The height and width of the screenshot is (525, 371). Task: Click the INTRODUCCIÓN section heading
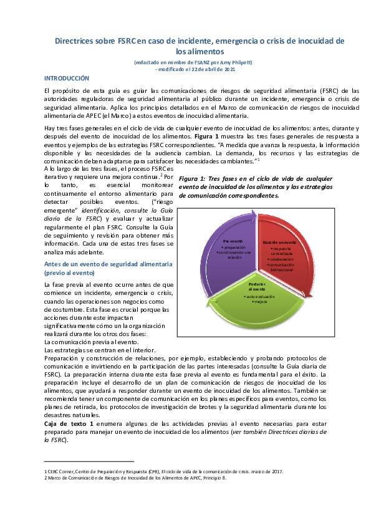[67, 79]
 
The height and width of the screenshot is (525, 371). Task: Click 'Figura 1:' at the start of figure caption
[193, 179]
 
